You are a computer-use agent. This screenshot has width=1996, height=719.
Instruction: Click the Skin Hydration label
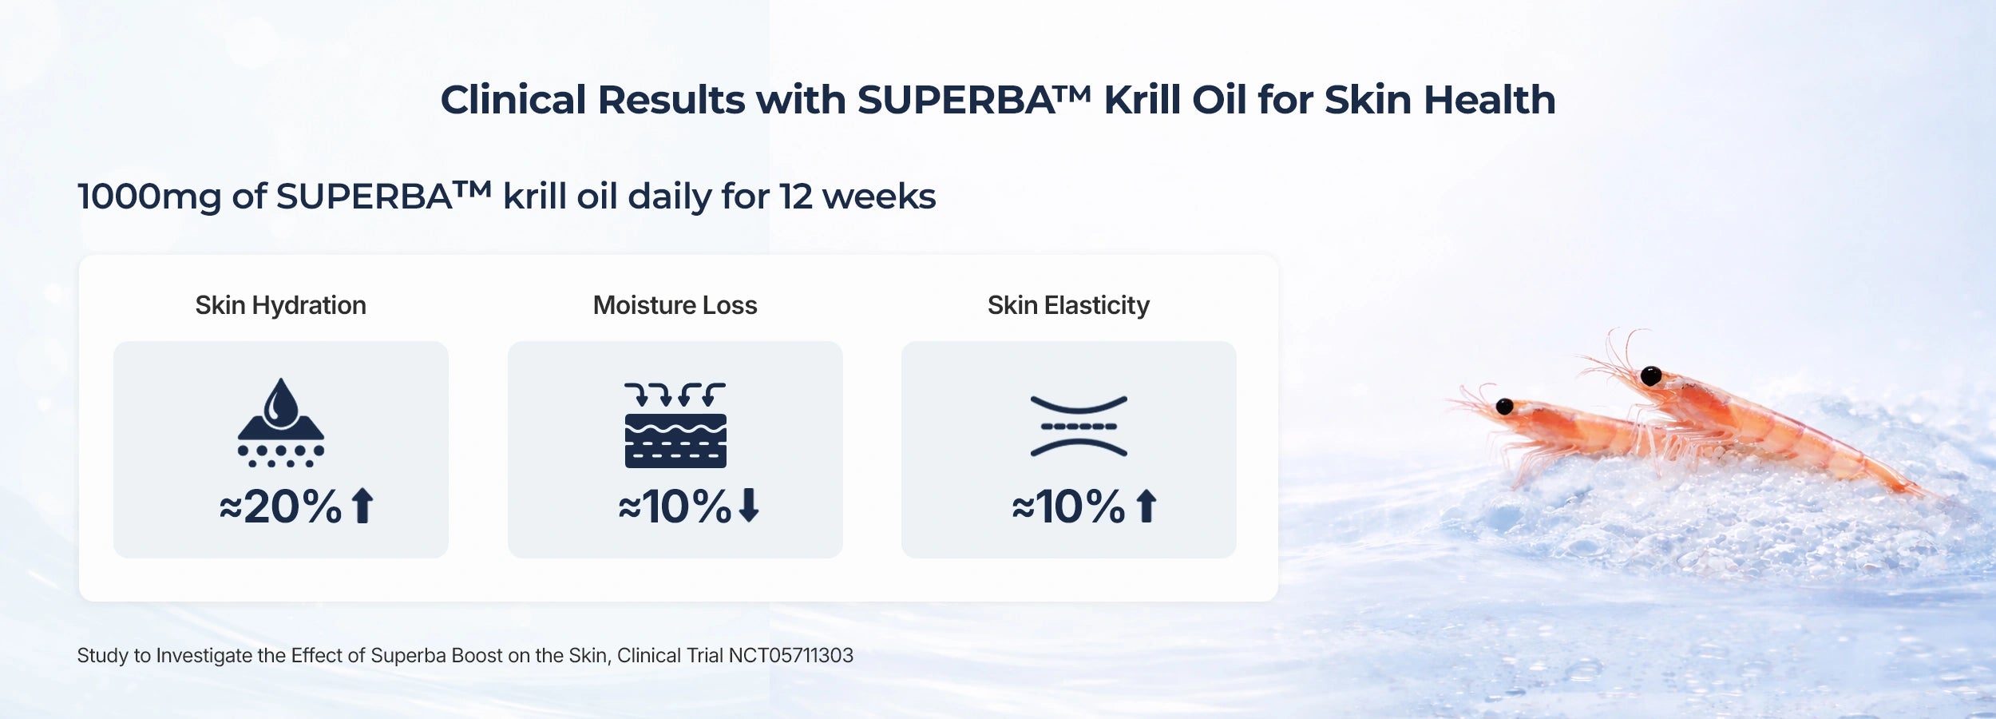click(x=281, y=305)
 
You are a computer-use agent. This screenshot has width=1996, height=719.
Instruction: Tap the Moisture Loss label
click(x=675, y=305)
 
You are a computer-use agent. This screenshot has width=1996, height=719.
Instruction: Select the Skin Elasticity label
click(x=1068, y=305)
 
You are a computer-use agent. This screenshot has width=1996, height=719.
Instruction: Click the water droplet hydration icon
click(x=281, y=423)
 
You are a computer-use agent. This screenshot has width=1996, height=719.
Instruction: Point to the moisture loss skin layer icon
click(x=675, y=425)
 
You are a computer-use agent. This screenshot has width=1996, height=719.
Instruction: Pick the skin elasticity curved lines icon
click(x=1079, y=426)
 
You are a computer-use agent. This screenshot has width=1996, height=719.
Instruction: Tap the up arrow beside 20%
click(x=362, y=506)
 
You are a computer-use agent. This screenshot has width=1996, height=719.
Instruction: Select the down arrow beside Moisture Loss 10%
click(x=749, y=506)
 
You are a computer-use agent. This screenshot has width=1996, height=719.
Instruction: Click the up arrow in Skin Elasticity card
click(x=1147, y=506)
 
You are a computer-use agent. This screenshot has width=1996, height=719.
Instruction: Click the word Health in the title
click(x=1490, y=100)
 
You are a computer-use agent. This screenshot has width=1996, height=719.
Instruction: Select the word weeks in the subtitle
click(x=879, y=197)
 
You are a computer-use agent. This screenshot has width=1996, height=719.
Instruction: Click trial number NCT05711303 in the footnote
click(x=791, y=656)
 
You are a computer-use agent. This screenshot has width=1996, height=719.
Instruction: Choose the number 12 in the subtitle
click(x=796, y=197)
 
